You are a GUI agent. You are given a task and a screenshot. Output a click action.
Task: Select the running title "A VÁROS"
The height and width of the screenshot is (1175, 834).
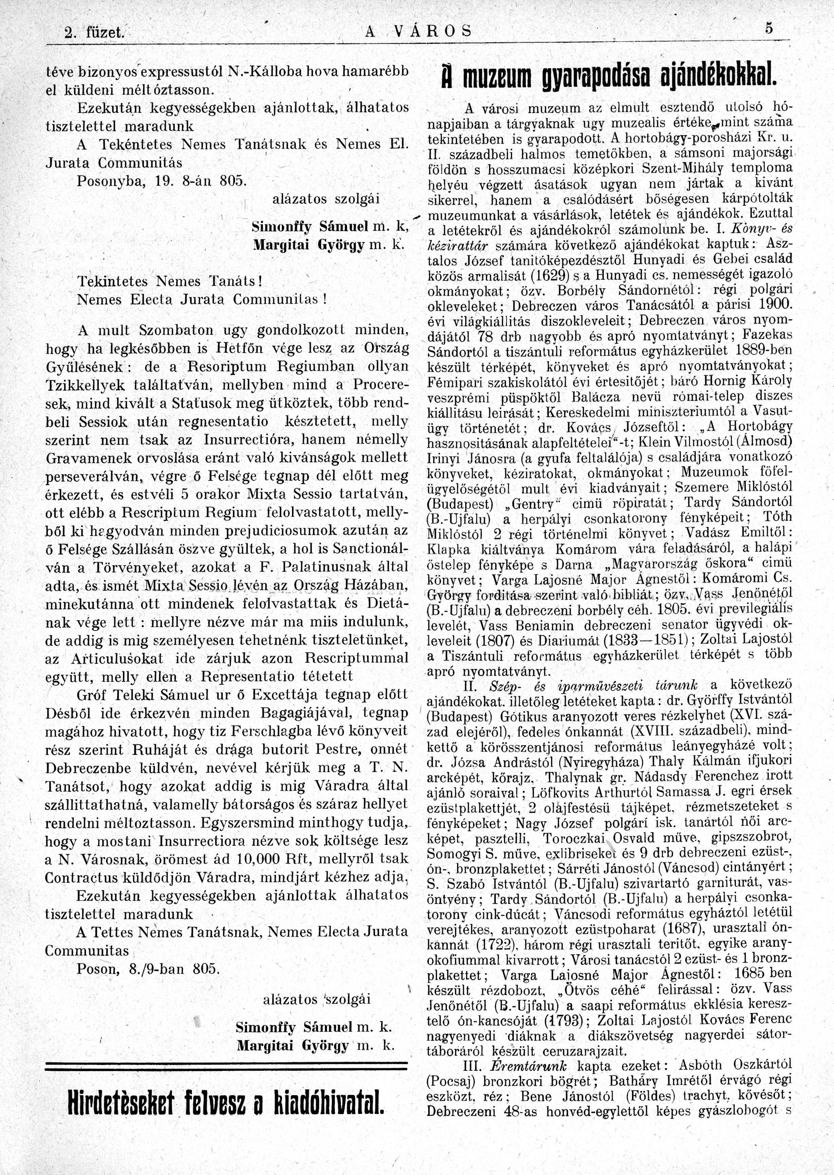point(418,32)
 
